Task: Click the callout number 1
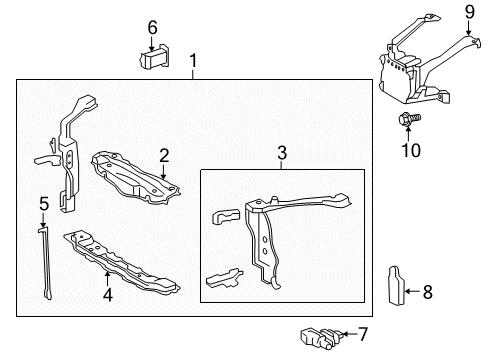pyautogui.click(x=193, y=63)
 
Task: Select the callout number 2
pyautogui.click(x=163, y=156)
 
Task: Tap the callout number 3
pyautogui.click(x=282, y=154)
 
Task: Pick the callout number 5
pyautogui.click(x=43, y=204)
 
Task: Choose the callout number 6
pyautogui.click(x=153, y=27)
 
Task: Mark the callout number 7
pyautogui.click(x=363, y=334)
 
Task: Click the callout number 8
pyautogui.click(x=427, y=292)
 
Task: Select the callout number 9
pyautogui.click(x=469, y=13)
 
